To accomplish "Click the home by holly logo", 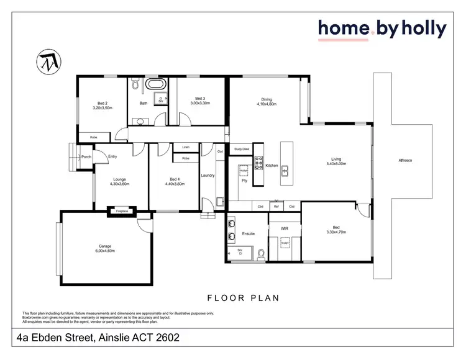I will (382, 29).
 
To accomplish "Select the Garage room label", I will (104, 246).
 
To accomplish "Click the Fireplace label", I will (122, 212).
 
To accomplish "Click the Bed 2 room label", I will (103, 103).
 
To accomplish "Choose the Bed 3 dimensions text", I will (199, 103).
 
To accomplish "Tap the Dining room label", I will (267, 99).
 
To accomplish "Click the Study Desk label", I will (242, 150).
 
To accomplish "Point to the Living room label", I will (336, 160).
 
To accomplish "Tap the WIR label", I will (285, 229).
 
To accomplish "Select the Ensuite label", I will (248, 235).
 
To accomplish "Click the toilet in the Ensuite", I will (261, 253).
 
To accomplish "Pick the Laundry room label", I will (208, 176).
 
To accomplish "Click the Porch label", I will (86, 157).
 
